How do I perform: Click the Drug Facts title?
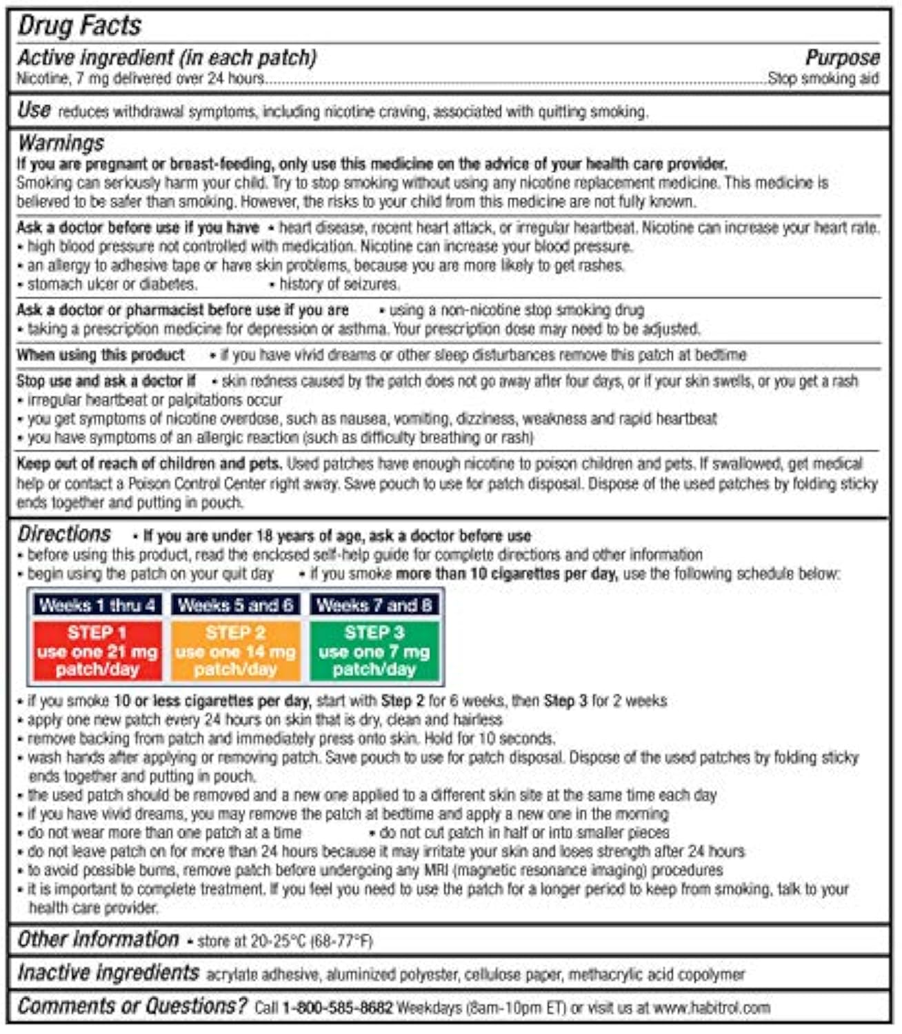pos(79,26)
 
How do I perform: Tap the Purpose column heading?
pos(842,58)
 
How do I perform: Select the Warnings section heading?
pos(61,143)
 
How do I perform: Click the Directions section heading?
pos(63,534)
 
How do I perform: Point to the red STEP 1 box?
pos(97,651)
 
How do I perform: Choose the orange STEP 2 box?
pos(235,651)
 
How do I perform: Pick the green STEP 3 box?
pos(374,651)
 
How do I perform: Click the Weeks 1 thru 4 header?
pos(97,605)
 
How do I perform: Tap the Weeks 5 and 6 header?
pos(235,605)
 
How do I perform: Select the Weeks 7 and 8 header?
pos(374,605)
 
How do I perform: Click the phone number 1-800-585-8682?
pos(337,1008)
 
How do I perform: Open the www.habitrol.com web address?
pos(711,1008)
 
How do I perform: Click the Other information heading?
pos(98,940)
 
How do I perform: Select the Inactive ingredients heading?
pos(108,973)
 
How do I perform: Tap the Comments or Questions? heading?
pos(132,1006)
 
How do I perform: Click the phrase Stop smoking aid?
pos(823,79)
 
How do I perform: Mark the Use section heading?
pos(34,110)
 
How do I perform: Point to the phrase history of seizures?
pos(339,284)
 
